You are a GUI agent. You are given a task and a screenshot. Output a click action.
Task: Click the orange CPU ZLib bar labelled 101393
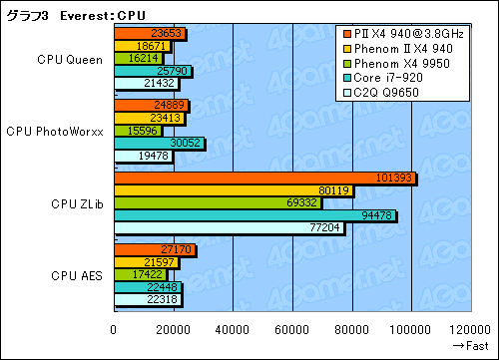coord(264,180)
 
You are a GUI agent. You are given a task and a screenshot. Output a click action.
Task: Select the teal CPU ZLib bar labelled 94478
coord(254,214)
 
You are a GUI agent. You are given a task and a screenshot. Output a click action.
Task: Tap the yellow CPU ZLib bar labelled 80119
coord(233,191)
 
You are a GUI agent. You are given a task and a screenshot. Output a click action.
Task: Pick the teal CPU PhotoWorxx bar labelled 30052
coord(159,144)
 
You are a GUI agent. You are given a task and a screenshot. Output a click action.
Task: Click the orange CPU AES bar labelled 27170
coord(154,250)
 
